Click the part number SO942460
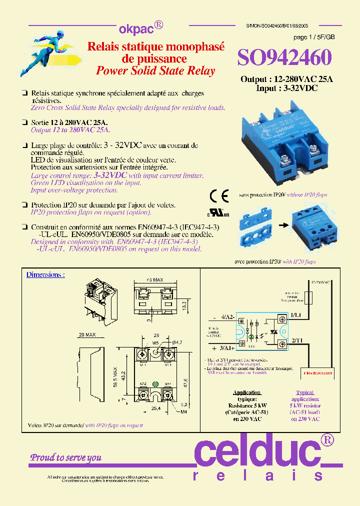(x=284, y=58)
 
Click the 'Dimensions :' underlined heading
(x=45, y=274)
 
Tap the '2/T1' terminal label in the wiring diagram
(x=296, y=340)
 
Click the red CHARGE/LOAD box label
(x=319, y=372)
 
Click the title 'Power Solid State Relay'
(x=155, y=70)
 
